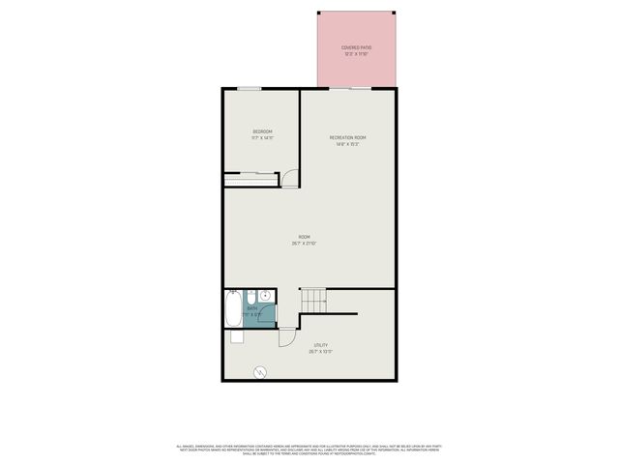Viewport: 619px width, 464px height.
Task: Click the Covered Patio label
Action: (357, 47)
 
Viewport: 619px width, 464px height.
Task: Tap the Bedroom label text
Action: (262, 131)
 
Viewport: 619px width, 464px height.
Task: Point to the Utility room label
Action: (320, 345)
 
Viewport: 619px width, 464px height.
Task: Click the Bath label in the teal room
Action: (252, 309)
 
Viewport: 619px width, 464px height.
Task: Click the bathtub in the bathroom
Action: (233, 310)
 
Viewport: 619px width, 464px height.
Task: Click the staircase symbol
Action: (315, 301)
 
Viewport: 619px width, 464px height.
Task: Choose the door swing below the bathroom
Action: (287, 337)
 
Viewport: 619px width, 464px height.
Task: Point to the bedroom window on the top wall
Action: (249, 89)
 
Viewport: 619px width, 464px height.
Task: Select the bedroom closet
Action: (252, 178)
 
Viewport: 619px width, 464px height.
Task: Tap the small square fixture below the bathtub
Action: (236, 336)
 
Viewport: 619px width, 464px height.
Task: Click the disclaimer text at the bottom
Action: (309, 449)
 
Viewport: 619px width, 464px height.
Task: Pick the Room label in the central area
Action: (304, 238)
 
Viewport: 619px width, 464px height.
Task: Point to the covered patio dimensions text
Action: (357, 54)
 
